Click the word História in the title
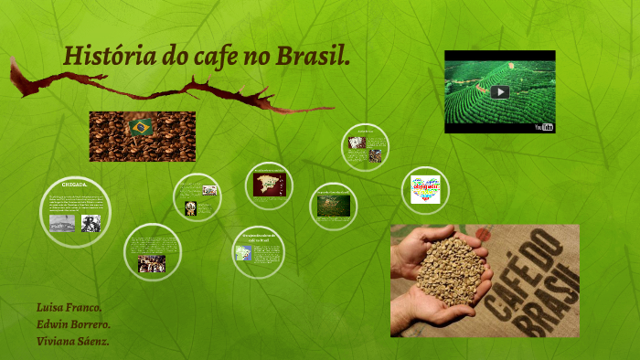pyautogui.click(x=95, y=57)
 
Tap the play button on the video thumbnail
pyautogui.click(x=499, y=91)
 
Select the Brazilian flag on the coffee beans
pyautogui.click(x=141, y=127)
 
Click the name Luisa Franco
pyautogui.click(x=69, y=307)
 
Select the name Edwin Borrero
pyautogui.click(x=73, y=324)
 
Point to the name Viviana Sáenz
pyautogui.click(x=73, y=342)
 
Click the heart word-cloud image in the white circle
pyautogui.click(x=425, y=189)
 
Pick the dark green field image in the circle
pyautogui.click(x=334, y=206)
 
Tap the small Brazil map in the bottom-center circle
pyautogui.click(x=244, y=252)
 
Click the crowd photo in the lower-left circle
pyautogui.click(x=151, y=263)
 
